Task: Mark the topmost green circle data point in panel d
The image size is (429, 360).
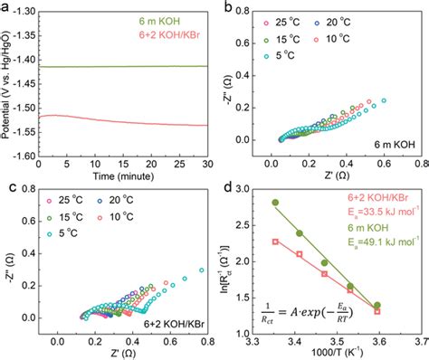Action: point(275,203)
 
